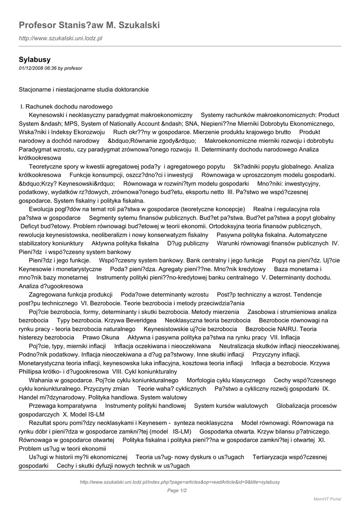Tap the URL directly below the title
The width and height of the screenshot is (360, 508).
[x=60, y=38]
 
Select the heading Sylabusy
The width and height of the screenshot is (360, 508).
[x=35, y=60]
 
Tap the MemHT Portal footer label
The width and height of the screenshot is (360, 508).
[x=327, y=499]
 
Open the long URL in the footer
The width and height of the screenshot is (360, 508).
[x=180, y=482]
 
